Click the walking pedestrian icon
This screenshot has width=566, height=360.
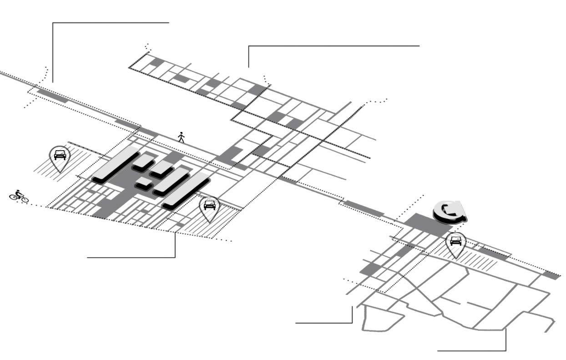pyautogui.click(x=181, y=137)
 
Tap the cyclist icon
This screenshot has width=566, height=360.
pyautogui.click(x=19, y=196)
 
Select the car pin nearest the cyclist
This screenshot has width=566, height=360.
pyautogui.click(x=59, y=157)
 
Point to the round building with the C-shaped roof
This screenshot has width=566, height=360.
pyautogui.click(x=449, y=212)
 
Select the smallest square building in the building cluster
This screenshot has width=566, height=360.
pyautogui.click(x=144, y=182)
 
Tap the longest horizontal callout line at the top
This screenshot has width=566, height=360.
pyautogui.click(x=334, y=46)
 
